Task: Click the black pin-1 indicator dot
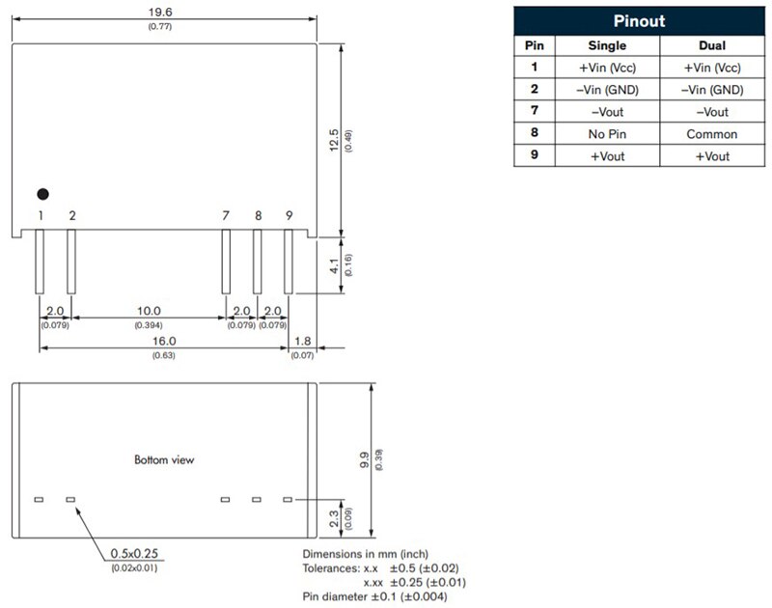click(42, 194)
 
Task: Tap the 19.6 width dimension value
click(160, 12)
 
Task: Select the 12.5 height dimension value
click(334, 140)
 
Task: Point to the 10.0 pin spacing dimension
click(149, 311)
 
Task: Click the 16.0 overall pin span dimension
click(164, 341)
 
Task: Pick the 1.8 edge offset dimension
click(302, 341)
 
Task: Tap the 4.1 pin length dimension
click(334, 265)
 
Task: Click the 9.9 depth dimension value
click(364, 460)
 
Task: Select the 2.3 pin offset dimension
click(334, 518)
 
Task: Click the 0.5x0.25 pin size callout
click(134, 553)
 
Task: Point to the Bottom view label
click(164, 459)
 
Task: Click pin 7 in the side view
click(226, 262)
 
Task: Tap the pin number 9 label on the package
click(289, 215)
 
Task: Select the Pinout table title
click(639, 20)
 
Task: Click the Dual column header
click(712, 45)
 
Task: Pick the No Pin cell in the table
click(607, 134)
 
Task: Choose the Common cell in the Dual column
click(712, 134)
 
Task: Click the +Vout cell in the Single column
click(608, 156)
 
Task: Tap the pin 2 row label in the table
click(535, 89)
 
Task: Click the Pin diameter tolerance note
click(374, 596)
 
